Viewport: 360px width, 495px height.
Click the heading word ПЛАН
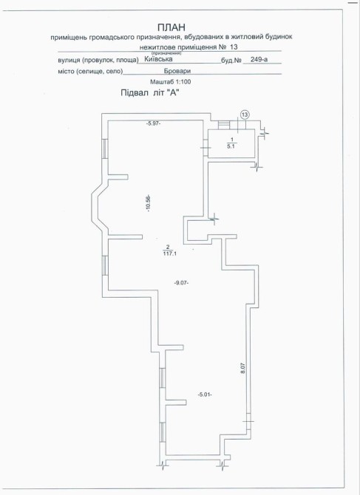point(171,27)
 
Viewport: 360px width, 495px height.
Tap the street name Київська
point(158,58)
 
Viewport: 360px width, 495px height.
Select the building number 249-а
point(259,59)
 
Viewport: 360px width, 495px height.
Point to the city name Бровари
point(177,71)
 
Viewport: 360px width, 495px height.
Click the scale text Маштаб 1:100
point(171,82)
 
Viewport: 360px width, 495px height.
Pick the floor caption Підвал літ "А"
point(152,93)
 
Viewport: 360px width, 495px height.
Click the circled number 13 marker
point(245,115)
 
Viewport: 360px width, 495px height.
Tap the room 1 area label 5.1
point(232,146)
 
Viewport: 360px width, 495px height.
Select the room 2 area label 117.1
point(169,253)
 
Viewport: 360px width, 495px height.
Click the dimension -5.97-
point(154,124)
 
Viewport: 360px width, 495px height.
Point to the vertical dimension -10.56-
point(149,204)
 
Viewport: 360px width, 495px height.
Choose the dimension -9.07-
point(182,283)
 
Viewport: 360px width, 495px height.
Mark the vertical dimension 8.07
point(243,369)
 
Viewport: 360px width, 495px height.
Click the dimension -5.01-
point(205,395)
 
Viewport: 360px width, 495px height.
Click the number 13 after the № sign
point(234,47)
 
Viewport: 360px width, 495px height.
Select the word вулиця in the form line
point(69,61)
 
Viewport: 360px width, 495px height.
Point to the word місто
point(67,72)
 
